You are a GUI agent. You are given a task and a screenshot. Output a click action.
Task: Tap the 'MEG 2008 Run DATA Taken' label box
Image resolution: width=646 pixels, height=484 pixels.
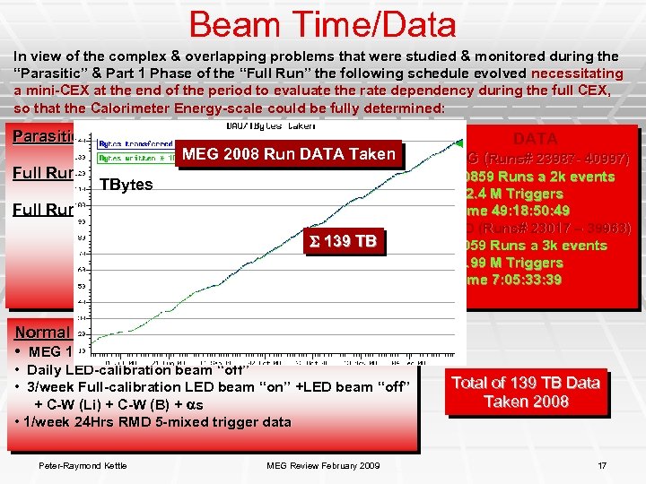point(288,154)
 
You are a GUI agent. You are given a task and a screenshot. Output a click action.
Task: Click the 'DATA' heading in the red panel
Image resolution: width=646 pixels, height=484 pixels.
point(535,139)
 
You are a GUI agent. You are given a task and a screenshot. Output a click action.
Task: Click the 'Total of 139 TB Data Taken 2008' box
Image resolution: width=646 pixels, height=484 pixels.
point(525,392)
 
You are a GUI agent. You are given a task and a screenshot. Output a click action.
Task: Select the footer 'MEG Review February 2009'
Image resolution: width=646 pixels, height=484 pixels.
point(323,464)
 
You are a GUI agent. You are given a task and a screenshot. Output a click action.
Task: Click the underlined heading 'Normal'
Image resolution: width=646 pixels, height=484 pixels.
point(40,332)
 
